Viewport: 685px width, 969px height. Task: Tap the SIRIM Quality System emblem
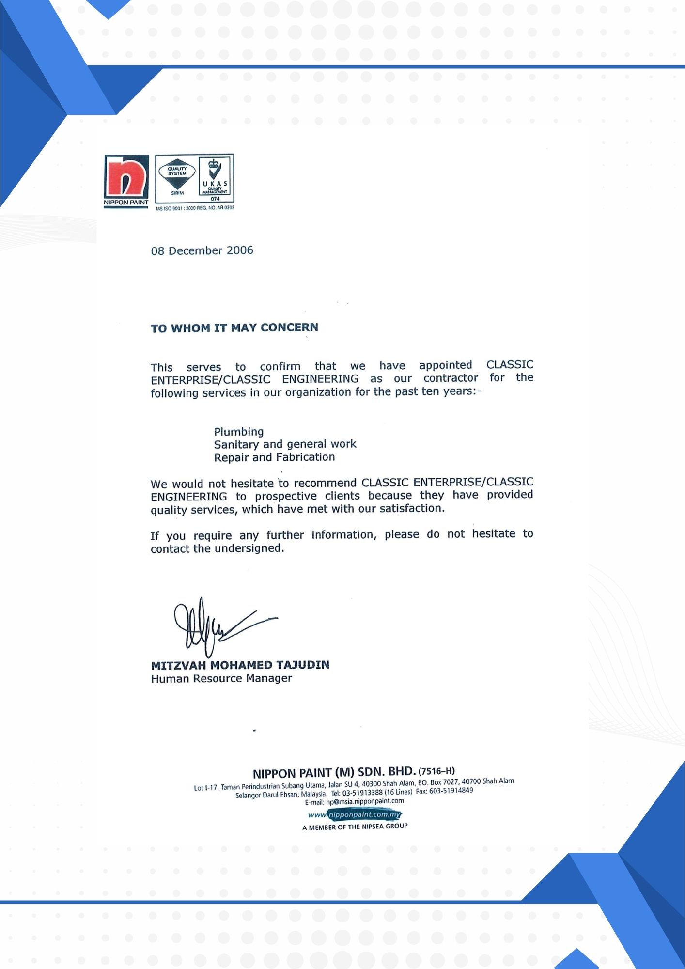[x=177, y=177]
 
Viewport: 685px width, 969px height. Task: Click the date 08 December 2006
[x=202, y=250]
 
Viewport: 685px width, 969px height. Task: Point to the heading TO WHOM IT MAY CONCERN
[x=234, y=328]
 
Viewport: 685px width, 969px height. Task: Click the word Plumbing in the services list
[x=239, y=432]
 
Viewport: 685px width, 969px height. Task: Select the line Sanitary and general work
[x=285, y=444]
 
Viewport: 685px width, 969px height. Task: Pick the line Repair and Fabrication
[x=274, y=457]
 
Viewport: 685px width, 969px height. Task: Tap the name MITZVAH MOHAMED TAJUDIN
[x=240, y=665]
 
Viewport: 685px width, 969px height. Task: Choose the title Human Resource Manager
[x=221, y=679]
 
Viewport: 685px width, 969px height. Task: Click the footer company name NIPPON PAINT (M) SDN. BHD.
[x=334, y=772]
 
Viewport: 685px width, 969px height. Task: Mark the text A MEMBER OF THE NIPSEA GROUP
[x=355, y=827]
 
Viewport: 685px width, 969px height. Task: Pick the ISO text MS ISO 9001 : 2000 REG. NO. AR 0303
[x=195, y=208]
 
